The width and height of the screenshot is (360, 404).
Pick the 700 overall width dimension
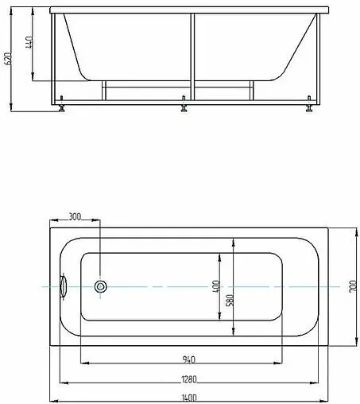(350, 287)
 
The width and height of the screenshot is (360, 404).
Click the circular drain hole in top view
(101, 286)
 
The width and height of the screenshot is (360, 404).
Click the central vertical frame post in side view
(192, 56)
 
